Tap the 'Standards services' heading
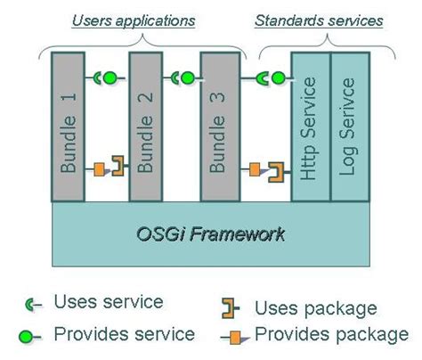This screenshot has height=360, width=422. pyautogui.click(x=319, y=19)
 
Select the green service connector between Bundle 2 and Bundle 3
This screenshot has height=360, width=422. pyautogui.click(x=183, y=78)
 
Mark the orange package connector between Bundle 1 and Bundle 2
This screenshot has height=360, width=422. pyautogui.click(x=108, y=167)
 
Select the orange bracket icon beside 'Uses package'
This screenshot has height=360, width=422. pyautogui.click(x=230, y=308)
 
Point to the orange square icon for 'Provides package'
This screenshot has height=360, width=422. pyautogui.click(x=236, y=337)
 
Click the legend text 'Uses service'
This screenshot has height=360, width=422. pyautogui.click(x=109, y=302)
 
